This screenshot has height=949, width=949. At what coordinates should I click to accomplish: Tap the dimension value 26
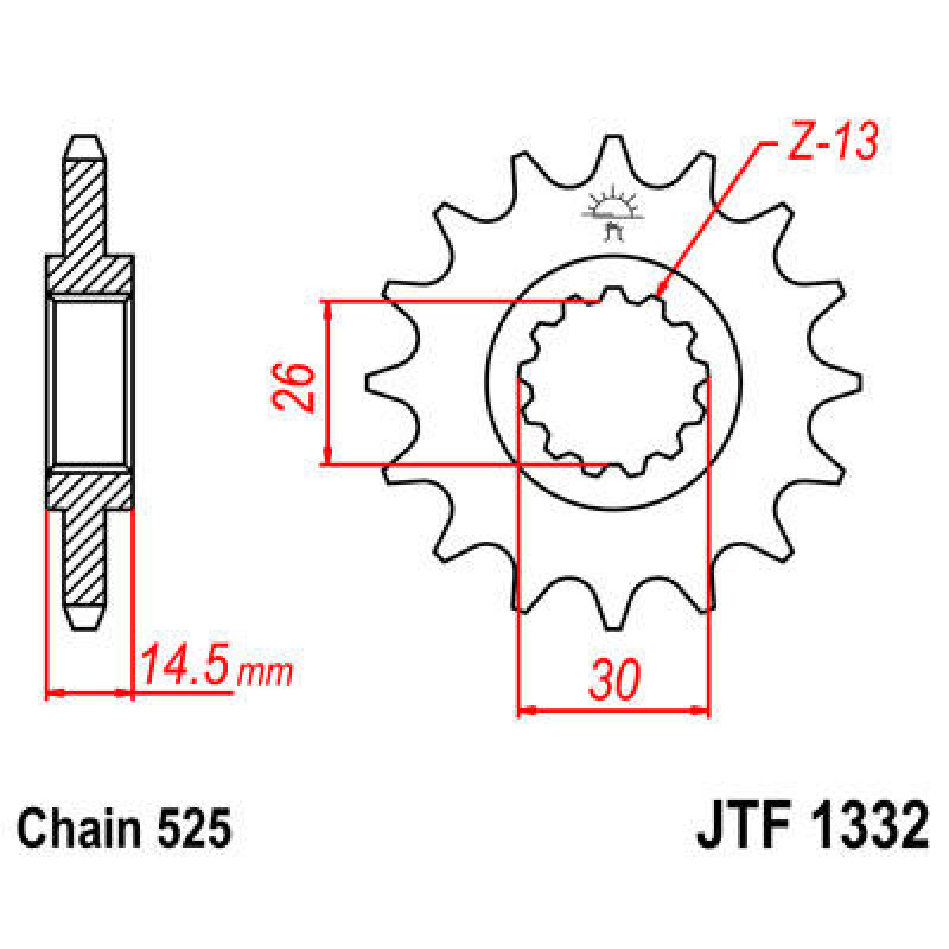pyautogui.click(x=294, y=386)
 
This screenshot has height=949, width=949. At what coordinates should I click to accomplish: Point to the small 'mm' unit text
pyautogui.click(x=266, y=673)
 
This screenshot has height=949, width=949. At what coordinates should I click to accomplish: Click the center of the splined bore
pyautogui.click(x=614, y=384)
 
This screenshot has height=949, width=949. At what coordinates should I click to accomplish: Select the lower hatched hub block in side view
pyautogui.click(x=89, y=490)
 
